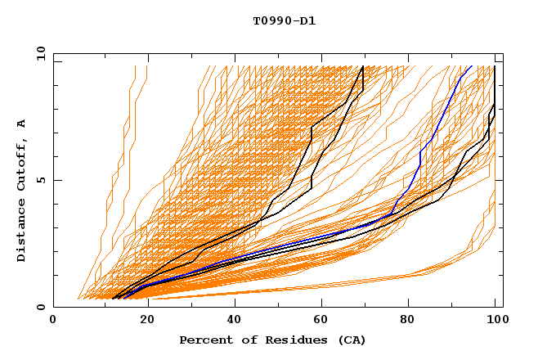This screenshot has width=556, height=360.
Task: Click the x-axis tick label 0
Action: pos(53,320)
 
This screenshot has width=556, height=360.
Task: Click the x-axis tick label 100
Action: pos(495,320)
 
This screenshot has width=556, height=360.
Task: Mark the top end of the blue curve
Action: pos(471,65)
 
